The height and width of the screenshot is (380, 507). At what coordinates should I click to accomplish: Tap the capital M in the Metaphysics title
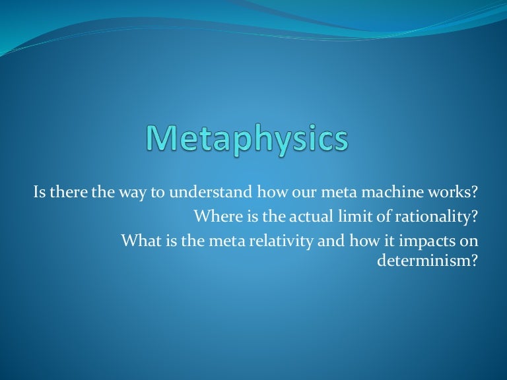[x=162, y=139]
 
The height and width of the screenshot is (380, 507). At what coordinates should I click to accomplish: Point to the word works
[x=456, y=194]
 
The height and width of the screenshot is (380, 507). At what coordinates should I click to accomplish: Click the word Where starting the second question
[x=215, y=217]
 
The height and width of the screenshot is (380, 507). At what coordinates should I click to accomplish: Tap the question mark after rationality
[x=473, y=217]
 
